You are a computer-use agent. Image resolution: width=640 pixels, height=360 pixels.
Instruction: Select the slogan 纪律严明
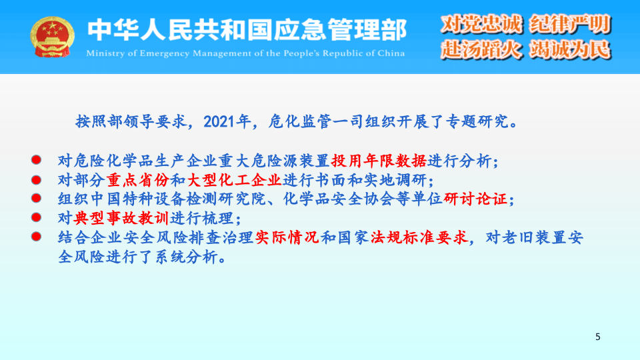(x=570, y=25)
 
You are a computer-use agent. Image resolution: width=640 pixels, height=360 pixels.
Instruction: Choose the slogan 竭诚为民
(x=570, y=49)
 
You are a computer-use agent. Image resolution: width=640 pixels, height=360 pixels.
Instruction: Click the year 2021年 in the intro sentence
(x=227, y=122)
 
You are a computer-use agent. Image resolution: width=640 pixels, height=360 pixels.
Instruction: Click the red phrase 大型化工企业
(x=234, y=180)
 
